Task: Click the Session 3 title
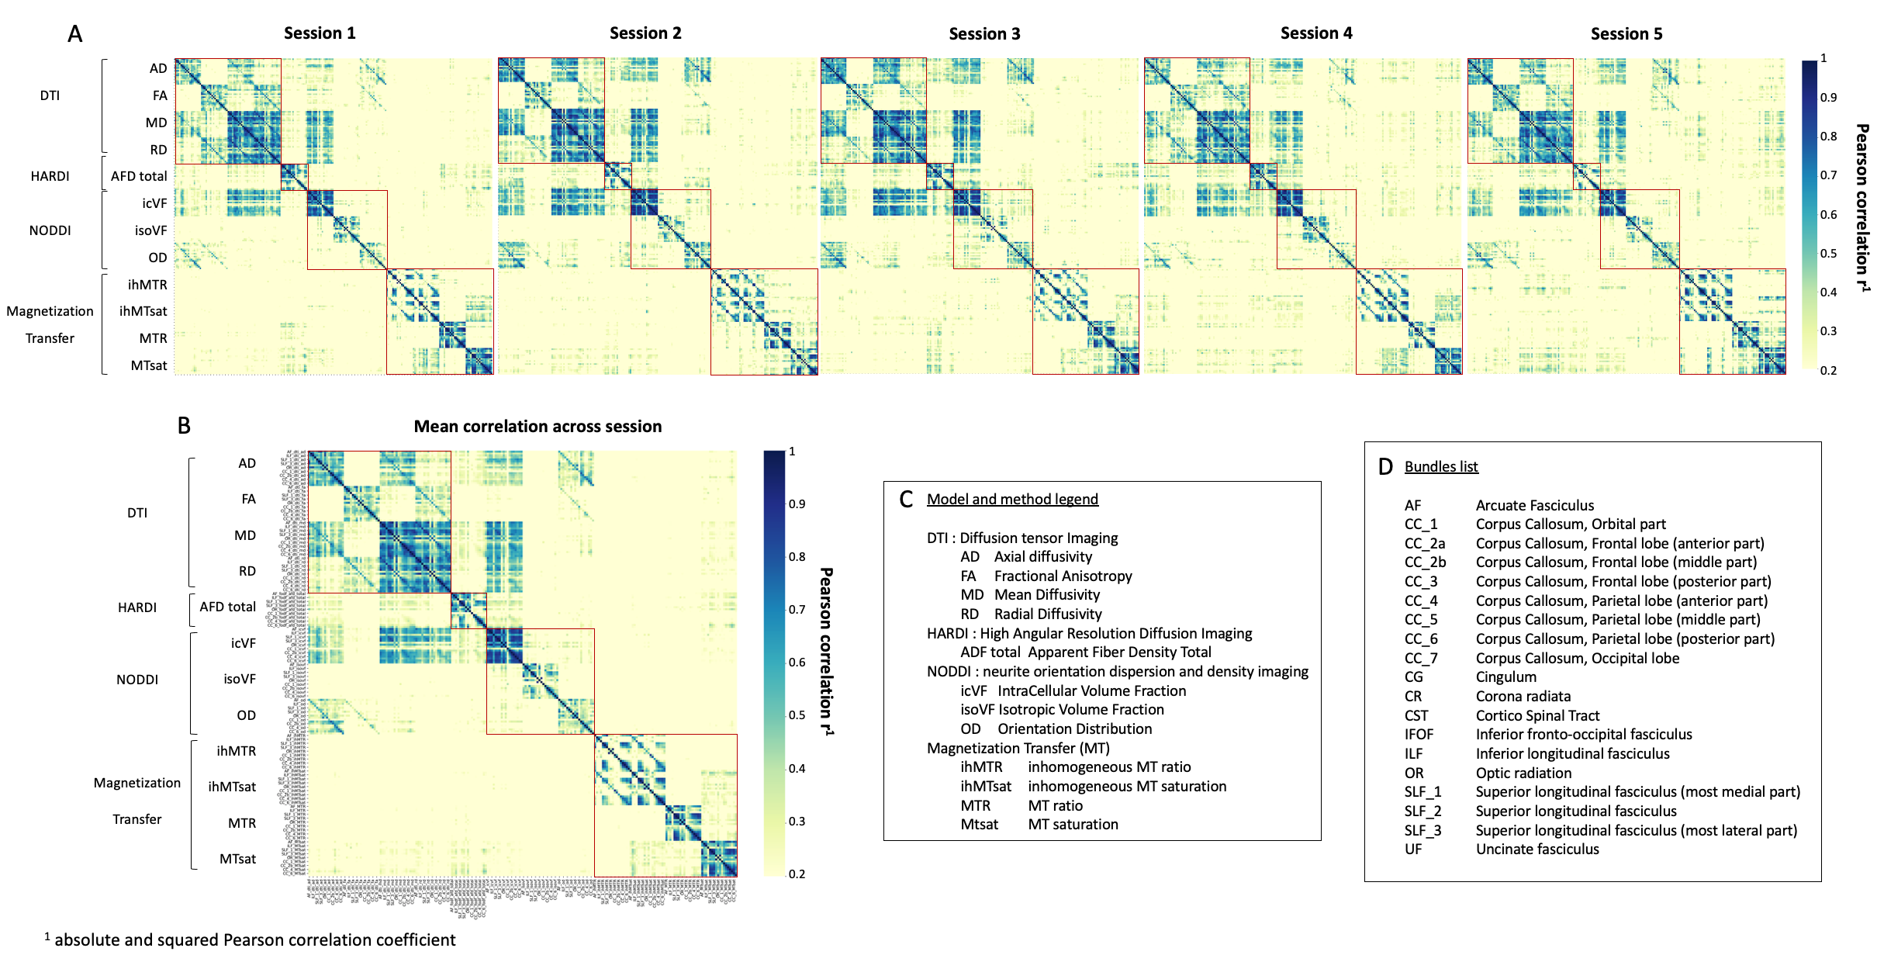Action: [x=984, y=34]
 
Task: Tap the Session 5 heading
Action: [x=1626, y=34]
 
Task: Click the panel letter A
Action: [x=75, y=34]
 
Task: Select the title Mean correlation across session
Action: [x=538, y=427]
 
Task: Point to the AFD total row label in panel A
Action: [x=139, y=176]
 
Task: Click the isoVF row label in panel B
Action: [x=240, y=679]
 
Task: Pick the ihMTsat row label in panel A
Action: [x=143, y=311]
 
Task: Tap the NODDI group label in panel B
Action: [x=137, y=680]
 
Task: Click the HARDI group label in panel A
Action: [x=50, y=176]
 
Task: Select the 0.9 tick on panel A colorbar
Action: [x=1828, y=98]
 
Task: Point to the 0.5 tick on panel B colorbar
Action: [x=797, y=715]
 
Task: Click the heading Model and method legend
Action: [x=1012, y=500]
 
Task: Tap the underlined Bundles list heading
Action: [x=1441, y=467]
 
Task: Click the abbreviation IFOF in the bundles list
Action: [x=1419, y=735]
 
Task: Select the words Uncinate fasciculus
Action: [x=1537, y=849]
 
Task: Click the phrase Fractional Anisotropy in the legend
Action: [x=1063, y=576]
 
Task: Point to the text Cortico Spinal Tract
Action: [x=1537, y=716]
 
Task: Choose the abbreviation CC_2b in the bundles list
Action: [x=1425, y=562]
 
